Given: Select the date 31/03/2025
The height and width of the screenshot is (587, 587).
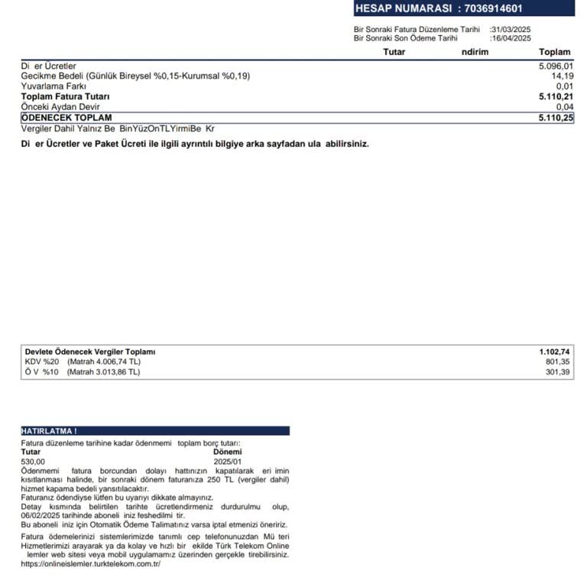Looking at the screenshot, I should pyautogui.click(x=511, y=30).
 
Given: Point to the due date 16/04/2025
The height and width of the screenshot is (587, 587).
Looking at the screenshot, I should pyautogui.click(x=511, y=38).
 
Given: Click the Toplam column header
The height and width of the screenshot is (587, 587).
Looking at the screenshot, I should pyautogui.click(x=555, y=52).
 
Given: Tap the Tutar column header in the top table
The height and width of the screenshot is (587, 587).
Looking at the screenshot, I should pyautogui.click(x=394, y=52).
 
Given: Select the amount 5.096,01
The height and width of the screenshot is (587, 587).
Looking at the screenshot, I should pyautogui.click(x=556, y=66).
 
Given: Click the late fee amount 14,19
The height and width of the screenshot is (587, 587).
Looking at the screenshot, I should pyautogui.click(x=562, y=76).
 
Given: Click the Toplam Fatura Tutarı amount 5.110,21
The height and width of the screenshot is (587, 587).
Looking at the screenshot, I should pyautogui.click(x=556, y=97).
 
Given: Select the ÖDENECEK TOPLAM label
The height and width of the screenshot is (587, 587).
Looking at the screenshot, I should pyautogui.click(x=66, y=118).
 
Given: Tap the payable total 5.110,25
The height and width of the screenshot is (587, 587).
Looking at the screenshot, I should pyautogui.click(x=556, y=118).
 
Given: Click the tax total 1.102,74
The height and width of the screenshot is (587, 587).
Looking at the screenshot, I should pyautogui.click(x=555, y=352).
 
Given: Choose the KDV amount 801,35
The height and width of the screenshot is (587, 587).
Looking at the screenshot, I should pyautogui.click(x=559, y=362).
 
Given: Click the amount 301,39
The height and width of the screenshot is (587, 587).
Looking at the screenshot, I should pyautogui.click(x=559, y=372).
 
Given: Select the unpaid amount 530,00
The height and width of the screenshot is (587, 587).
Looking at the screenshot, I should pyautogui.click(x=33, y=462).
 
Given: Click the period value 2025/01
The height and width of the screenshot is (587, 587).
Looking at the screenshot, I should pyautogui.click(x=227, y=462).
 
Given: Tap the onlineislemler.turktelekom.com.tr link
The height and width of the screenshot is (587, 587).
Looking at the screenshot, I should pyautogui.click(x=91, y=564).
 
